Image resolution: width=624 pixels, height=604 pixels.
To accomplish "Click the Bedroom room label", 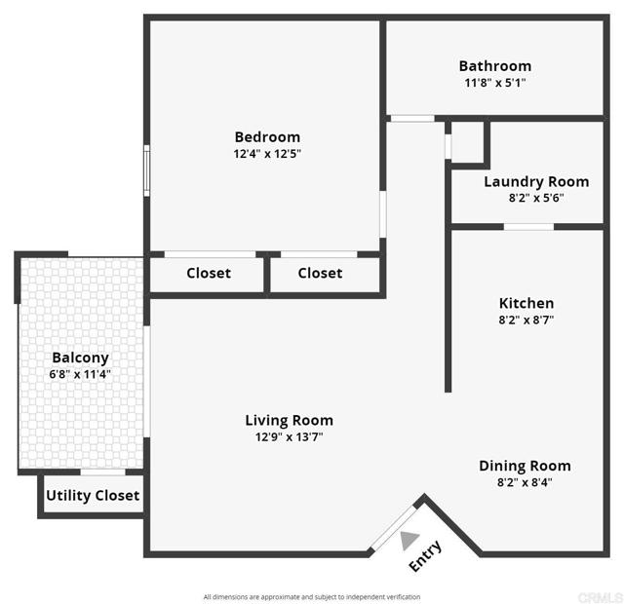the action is (x=267, y=137).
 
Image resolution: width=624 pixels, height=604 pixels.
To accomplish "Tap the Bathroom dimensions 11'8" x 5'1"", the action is (x=495, y=83).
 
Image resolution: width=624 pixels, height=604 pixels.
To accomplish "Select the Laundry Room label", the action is (x=536, y=182).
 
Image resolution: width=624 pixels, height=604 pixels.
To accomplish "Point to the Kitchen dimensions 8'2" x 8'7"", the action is (x=526, y=320).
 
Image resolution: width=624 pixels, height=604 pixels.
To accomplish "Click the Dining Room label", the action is (x=525, y=466).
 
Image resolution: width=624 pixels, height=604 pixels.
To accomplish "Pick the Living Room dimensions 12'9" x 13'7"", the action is (x=289, y=437).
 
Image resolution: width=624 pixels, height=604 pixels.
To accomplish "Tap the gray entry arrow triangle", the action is (x=409, y=540).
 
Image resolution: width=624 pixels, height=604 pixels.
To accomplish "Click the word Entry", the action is (x=426, y=556).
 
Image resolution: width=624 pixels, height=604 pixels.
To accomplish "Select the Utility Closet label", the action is (x=93, y=496).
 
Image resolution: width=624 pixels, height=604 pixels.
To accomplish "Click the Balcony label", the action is (x=80, y=358).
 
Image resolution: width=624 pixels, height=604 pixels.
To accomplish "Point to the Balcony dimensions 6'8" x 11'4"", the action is (x=80, y=374).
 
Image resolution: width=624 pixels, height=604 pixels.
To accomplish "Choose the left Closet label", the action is (x=209, y=273).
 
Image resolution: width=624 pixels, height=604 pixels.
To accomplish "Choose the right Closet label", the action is (x=320, y=273).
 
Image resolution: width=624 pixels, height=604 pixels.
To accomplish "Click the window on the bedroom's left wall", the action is (x=146, y=170).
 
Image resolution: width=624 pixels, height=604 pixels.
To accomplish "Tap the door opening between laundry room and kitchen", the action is (x=528, y=227).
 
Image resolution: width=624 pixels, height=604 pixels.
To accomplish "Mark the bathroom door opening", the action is (x=412, y=119).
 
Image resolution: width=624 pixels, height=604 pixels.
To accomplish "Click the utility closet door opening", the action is (x=102, y=472).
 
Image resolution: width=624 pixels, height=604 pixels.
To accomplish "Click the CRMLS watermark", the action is (x=601, y=597).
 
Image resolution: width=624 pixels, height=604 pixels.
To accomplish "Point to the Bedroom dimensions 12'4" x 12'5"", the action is (x=267, y=154).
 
